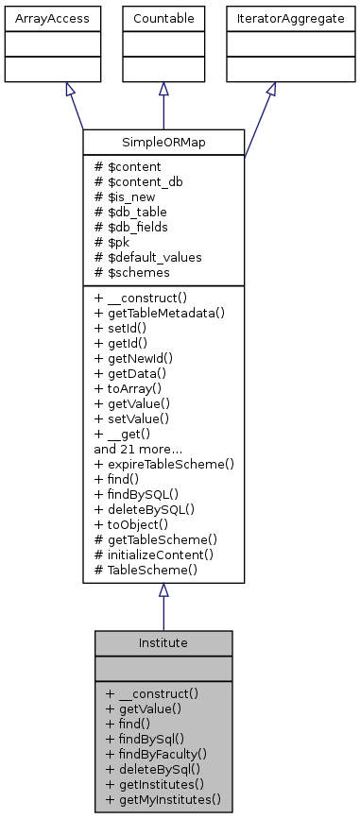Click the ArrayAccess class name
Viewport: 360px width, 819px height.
pyautogui.click(x=38, y=17)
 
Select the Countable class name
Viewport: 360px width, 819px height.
pyautogui.click(x=163, y=17)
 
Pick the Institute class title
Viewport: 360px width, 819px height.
pyautogui.click(x=163, y=642)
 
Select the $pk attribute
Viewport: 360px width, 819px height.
pyautogui.click(x=114, y=242)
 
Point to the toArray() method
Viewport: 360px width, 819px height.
pyautogui.click(x=131, y=384)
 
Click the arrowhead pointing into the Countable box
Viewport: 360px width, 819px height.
pyautogui.click(x=163, y=88)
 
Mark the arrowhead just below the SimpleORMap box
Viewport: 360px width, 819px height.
pyautogui.click(x=163, y=590)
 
